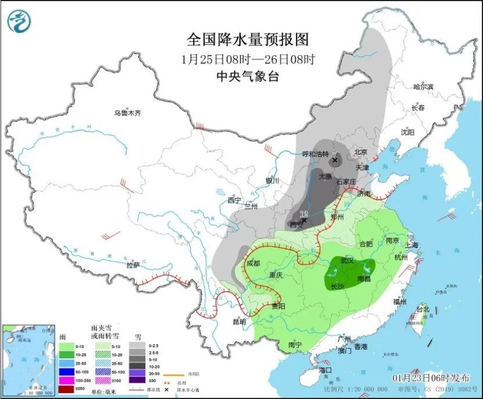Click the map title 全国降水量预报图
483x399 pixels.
coord(247,39)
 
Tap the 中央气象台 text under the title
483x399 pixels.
coord(247,76)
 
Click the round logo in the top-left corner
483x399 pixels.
coord(19,22)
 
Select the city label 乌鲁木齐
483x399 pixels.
coord(127,112)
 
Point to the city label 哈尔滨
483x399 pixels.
coord(423,87)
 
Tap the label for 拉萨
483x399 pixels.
coord(133,265)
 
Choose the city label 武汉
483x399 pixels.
coord(346,261)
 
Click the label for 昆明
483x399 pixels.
coord(239,321)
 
